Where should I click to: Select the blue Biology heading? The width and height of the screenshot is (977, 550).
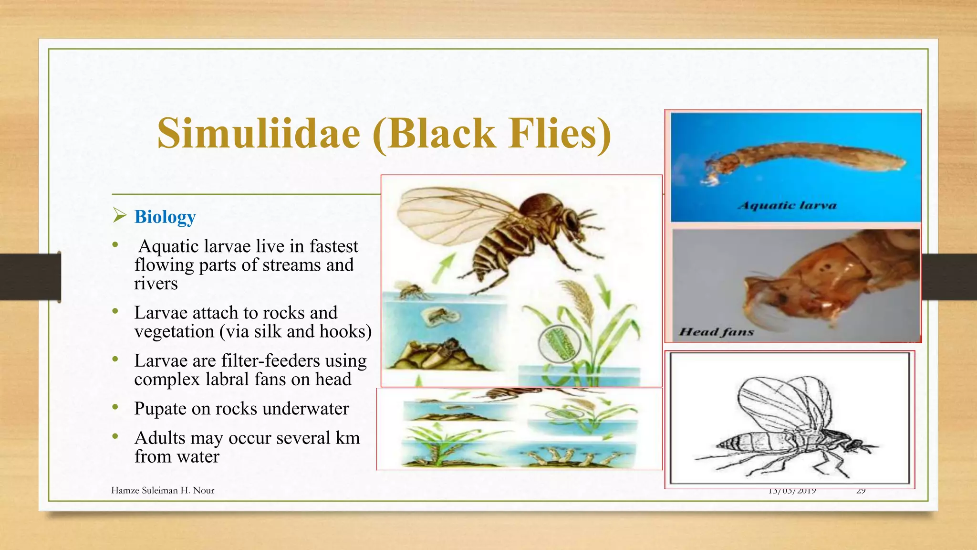[165, 217]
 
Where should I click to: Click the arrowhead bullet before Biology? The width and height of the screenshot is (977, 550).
[119, 216]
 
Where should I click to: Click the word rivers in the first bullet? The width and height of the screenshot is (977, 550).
[156, 284]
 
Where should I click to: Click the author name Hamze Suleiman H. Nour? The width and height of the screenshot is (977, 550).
[163, 490]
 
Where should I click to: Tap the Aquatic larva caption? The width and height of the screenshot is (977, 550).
[787, 206]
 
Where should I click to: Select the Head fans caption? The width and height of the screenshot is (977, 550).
[716, 332]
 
